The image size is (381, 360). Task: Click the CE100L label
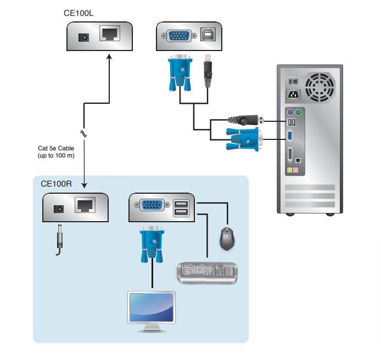point(79,13)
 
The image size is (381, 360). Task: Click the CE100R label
point(56,184)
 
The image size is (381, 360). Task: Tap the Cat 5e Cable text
point(56,148)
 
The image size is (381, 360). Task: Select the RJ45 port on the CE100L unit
point(110,33)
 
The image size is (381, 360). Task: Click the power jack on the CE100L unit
point(83,38)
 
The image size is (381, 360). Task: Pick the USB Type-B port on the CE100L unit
point(208,34)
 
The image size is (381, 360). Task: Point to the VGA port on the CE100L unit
point(179,36)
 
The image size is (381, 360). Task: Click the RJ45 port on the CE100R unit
point(85,205)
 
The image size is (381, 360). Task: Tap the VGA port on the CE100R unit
point(152,205)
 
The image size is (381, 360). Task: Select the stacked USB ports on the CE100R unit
point(181,208)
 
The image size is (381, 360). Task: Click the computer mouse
point(227,239)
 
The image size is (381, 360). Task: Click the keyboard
point(208,273)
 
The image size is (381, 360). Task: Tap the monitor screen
point(152,307)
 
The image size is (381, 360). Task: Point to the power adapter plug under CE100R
point(59,240)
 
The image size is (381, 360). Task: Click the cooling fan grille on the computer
point(320,87)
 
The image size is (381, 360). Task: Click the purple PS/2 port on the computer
point(290,113)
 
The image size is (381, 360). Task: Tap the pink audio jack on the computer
point(296,170)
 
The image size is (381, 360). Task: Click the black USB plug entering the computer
point(246,120)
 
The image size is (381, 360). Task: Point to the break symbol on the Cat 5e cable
point(83,133)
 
